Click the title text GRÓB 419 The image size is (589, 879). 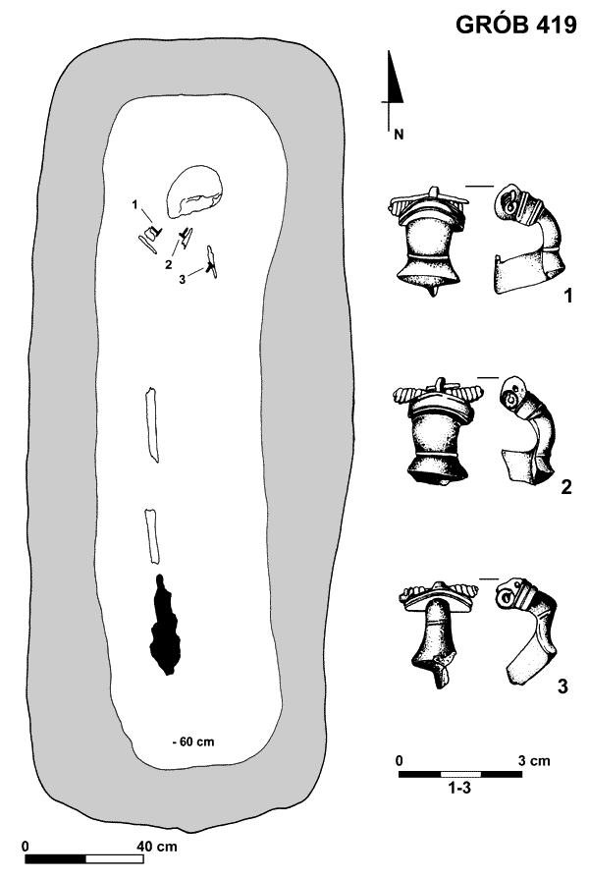coord(515,24)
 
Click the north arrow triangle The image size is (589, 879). coord(394,79)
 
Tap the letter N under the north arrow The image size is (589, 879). coord(399,135)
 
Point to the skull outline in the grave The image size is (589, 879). coord(194,191)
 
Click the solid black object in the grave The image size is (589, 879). coord(165,625)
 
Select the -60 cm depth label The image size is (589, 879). coord(193,742)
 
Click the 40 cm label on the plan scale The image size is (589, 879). coord(157,846)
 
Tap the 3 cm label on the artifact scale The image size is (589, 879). coord(533,761)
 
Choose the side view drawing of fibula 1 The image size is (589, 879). coord(527,239)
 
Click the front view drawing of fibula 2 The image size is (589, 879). coord(438,431)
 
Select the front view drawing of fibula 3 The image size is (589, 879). coord(438,634)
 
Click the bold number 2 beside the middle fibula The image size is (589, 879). coord(566,487)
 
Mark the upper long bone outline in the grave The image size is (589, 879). coord(151,424)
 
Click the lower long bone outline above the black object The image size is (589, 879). coord(152,536)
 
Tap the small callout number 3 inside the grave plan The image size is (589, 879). coord(183,279)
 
